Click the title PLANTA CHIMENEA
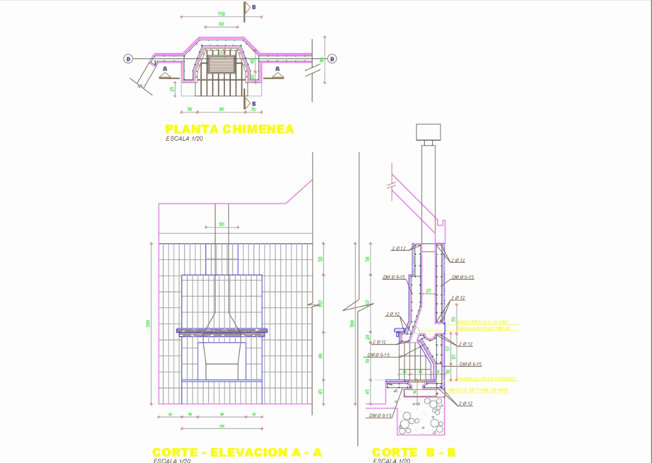pyautogui.click(x=229, y=129)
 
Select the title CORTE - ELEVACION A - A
pyautogui.click(x=237, y=452)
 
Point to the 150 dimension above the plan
pyautogui.click(x=221, y=14)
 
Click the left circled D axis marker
pyautogui.click(x=128, y=59)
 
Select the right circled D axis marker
pyautogui.click(x=332, y=59)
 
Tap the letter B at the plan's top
pyautogui.click(x=254, y=7)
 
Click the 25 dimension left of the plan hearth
pyautogui.click(x=172, y=89)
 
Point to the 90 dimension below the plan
pyautogui.click(x=221, y=109)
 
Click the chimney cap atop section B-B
pyautogui.click(x=428, y=132)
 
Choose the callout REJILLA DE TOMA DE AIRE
pyautogui.click(x=483, y=390)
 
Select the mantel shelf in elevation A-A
pyautogui.click(x=221, y=330)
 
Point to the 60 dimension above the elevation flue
pyautogui.click(x=221, y=224)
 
